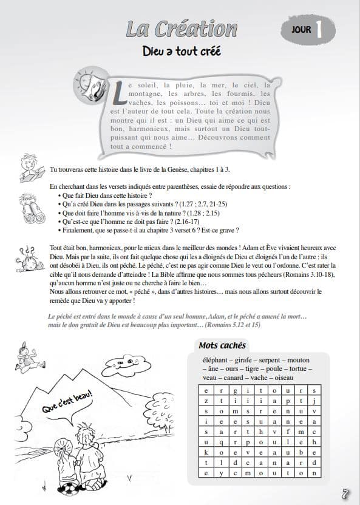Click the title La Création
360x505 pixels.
[x=182, y=29]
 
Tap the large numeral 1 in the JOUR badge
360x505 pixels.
[x=319, y=30]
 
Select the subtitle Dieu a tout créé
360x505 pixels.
[x=182, y=51]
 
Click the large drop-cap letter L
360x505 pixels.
[x=119, y=93]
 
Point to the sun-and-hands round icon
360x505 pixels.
[x=90, y=84]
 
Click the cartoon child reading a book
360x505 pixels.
[x=32, y=168]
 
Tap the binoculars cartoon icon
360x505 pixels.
[x=32, y=209]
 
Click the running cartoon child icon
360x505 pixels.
[x=29, y=358]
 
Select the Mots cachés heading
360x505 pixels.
[x=222, y=345]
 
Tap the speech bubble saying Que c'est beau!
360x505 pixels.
[x=67, y=407]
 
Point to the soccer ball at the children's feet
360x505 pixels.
[x=68, y=489]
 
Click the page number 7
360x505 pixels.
[x=345, y=493]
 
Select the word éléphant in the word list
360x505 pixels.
[x=216, y=361]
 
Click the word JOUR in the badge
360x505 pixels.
[x=301, y=30]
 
